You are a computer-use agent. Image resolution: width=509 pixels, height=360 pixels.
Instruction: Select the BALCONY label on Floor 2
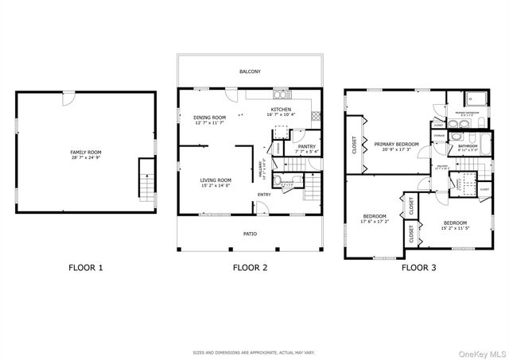click(x=251, y=72)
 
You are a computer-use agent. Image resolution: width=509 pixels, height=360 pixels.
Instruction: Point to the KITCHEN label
click(x=281, y=110)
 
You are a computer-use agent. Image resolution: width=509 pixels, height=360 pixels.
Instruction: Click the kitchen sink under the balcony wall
click(x=280, y=93)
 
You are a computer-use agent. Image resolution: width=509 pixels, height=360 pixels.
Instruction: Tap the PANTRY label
click(x=306, y=146)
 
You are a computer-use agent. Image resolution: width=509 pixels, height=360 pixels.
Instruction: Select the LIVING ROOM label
click(x=215, y=180)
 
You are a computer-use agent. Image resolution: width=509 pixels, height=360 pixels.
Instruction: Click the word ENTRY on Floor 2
click(x=264, y=194)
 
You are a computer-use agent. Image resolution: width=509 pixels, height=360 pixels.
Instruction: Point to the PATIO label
click(x=250, y=234)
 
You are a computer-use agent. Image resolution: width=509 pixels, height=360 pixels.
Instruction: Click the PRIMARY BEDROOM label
click(x=397, y=144)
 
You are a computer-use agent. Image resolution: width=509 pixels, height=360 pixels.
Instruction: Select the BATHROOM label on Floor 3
click(x=468, y=145)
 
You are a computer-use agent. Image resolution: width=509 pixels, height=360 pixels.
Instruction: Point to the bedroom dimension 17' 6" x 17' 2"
click(x=374, y=222)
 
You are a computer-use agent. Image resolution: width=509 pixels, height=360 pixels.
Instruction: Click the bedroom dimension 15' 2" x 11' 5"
click(x=454, y=227)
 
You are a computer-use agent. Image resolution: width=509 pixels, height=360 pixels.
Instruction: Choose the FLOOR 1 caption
click(x=86, y=268)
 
